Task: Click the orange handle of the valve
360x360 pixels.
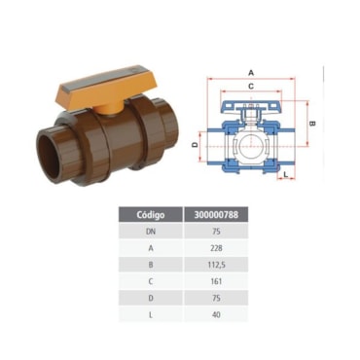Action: click(x=102, y=84)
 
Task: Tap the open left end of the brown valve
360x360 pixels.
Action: click(x=48, y=158)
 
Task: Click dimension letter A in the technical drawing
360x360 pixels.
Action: click(x=251, y=73)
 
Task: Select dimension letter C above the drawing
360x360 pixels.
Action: click(x=251, y=87)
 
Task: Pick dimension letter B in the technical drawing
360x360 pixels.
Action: click(x=312, y=124)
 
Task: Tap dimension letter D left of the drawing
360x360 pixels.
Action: click(x=195, y=145)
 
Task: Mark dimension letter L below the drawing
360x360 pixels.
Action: click(x=286, y=174)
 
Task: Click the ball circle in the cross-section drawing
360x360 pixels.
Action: click(x=250, y=146)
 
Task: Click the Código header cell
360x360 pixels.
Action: click(x=151, y=215)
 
